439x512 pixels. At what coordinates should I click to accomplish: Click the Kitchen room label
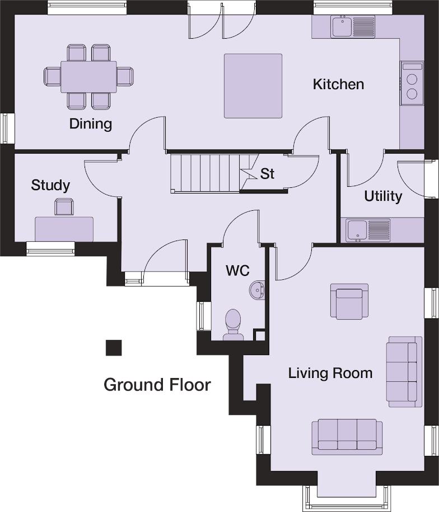point(338,84)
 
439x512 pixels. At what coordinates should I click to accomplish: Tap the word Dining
point(91,124)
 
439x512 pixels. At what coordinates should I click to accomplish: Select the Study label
point(50,185)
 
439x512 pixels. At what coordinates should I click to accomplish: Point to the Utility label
point(383,196)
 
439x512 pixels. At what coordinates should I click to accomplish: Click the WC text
point(237,270)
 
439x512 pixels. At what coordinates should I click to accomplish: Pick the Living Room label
point(330,373)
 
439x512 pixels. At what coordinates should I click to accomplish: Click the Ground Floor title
point(157,385)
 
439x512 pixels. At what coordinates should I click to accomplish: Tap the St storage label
point(267,174)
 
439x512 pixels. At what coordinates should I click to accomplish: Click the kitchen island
point(253,86)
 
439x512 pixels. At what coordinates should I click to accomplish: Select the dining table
point(88,77)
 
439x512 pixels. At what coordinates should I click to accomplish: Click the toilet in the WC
point(233,325)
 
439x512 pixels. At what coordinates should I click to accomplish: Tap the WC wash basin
point(257,290)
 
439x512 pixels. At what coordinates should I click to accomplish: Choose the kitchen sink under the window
point(353,26)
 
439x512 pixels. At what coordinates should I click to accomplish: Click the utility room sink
point(368,230)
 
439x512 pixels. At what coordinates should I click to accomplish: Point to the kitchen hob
point(412,83)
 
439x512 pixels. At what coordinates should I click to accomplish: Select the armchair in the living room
point(349,301)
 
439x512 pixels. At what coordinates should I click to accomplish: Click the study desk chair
point(64,207)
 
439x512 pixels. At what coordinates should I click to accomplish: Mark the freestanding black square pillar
point(114,348)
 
